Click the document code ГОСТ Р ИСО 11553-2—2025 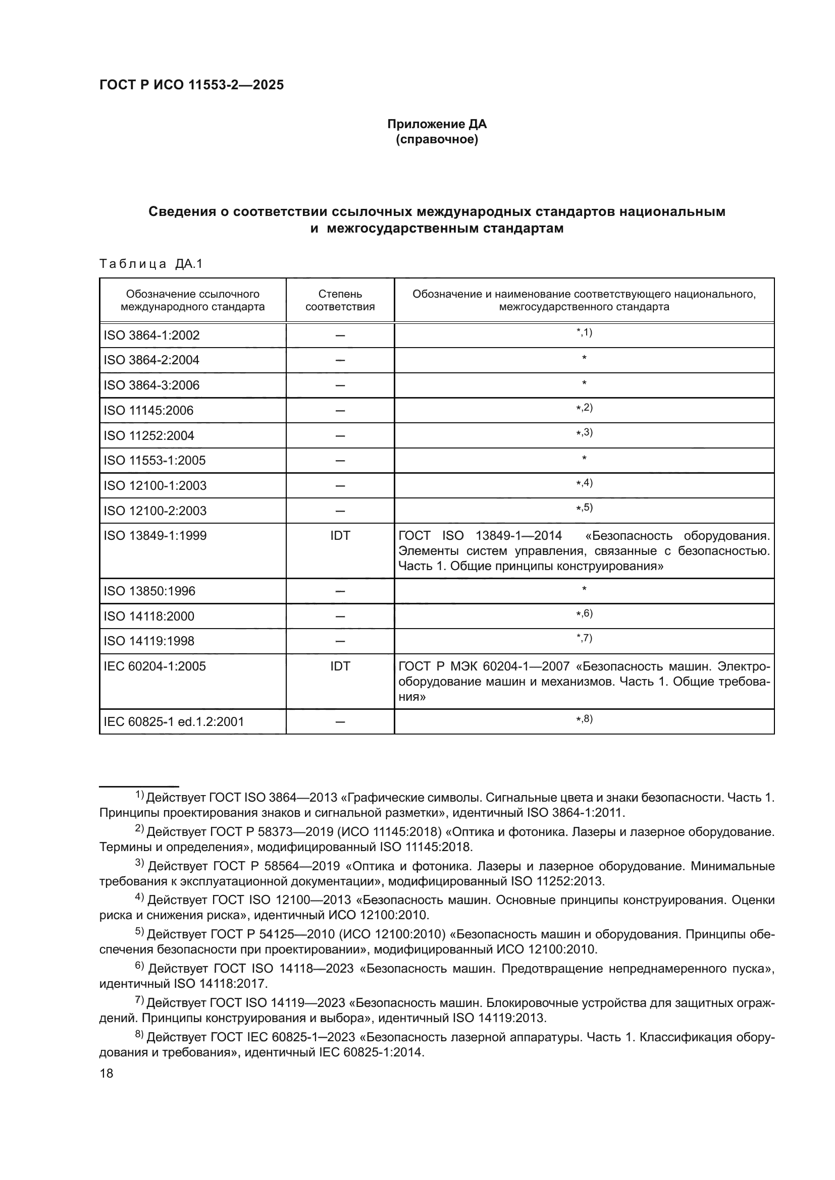tap(191, 85)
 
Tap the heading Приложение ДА tap(437, 124)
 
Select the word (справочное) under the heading tap(437, 139)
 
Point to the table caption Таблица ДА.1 tap(151, 264)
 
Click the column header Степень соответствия tap(340, 300)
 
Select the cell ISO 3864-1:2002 tap(151, 335)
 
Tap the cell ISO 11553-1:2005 tap(154, 460)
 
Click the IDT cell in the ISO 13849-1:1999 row tap(340, 536)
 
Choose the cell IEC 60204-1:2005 tap(154, 666)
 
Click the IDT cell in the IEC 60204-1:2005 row tap(340, 666)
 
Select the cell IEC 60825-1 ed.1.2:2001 tap(174, 721)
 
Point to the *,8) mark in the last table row tap(584, 719)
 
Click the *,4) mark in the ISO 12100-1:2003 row tap(584, 483)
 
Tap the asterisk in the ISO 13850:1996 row tap(584, 589)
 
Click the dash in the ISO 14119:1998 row tap(340, 641)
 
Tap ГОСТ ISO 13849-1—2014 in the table tap(480, 536)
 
